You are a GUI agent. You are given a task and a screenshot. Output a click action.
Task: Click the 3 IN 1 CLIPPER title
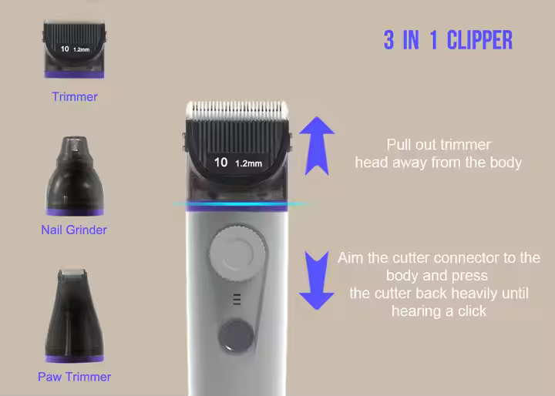click(x=448, y=39)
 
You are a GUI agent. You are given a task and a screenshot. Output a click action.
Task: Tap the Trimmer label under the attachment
click(x=74, y=96)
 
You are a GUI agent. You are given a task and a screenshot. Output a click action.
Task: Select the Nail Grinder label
click(x=74, y=230)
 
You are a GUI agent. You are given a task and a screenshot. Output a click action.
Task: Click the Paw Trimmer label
click(x=74, y=377)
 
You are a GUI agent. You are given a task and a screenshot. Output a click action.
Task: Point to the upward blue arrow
click(x=317, y=146)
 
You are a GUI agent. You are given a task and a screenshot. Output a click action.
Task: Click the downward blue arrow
click(x=317, y=280)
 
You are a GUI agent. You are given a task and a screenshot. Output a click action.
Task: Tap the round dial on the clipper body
click(x=237, y=253)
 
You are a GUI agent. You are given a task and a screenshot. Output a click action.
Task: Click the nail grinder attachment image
click(x=74, y=176)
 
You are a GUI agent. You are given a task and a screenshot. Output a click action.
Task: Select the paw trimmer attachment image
click(x=74, y=316)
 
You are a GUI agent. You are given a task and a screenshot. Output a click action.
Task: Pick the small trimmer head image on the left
click(x=74, y=49)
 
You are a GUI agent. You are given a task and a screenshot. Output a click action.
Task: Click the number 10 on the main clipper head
click(x=220, y=162)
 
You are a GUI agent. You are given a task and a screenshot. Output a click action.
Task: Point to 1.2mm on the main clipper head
click(x=248, y=163)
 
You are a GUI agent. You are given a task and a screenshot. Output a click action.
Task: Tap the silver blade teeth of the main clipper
click(x=237, y=109)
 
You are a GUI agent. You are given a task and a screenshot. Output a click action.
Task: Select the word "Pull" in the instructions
click(x=399, y=145)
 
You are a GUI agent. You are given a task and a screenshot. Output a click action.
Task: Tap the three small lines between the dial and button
click(x=237, y=299)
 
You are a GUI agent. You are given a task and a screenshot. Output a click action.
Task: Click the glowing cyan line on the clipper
click(x=243, y=204)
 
